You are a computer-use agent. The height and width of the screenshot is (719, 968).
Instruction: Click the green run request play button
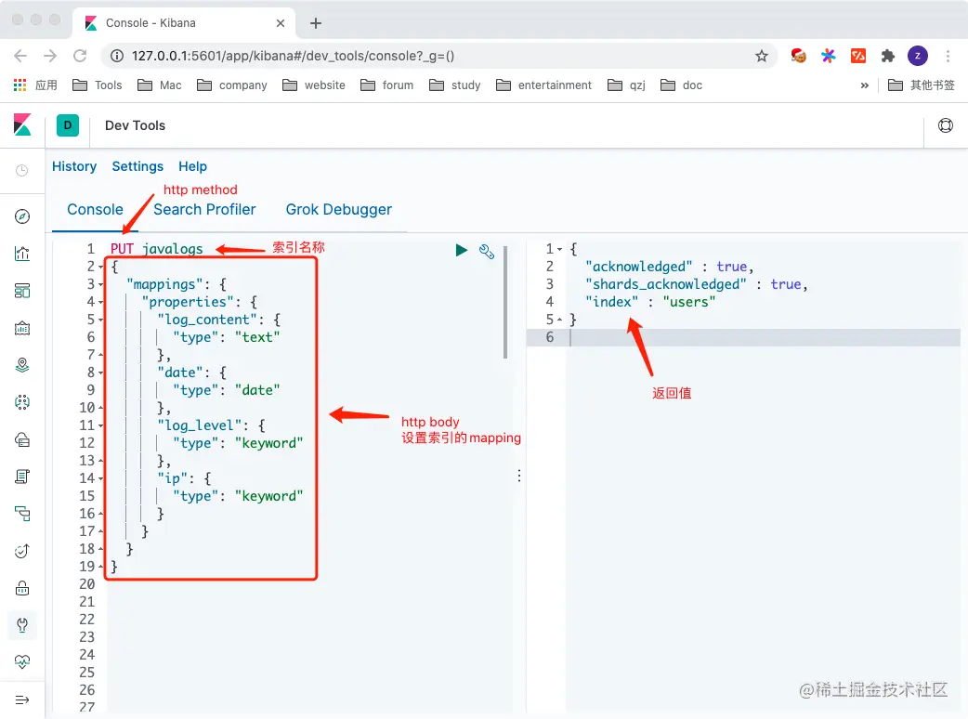(x=461, y=250)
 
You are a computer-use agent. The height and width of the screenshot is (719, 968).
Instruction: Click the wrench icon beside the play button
(x=486, y=251)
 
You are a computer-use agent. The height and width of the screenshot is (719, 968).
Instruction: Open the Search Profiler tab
(x=204, y=209)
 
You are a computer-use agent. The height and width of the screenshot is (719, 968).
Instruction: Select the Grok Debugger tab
(x=339, y=209)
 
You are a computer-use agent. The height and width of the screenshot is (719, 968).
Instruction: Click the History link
(x=74, y=166)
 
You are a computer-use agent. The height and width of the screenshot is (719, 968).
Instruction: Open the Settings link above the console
(x=137, y=166)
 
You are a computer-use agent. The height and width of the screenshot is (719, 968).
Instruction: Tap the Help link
(x=192, y=166)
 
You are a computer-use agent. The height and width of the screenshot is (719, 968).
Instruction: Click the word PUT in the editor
(x=122, y=249)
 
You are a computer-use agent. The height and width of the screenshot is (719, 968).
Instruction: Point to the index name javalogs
(x=173, y=249)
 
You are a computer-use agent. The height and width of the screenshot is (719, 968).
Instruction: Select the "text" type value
(x=257, y=337)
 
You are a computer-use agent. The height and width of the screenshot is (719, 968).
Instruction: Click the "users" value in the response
(x=688, y=302)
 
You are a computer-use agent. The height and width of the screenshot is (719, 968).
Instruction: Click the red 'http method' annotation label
(x=201, y=190)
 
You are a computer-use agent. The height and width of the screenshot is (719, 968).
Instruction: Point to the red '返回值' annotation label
(x=672, y=393)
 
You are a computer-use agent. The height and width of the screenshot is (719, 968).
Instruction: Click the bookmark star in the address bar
(x=762, y=56)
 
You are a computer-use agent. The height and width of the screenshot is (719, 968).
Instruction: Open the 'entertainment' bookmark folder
(x=555, y=85)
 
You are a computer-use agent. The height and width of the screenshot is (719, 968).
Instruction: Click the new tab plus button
(x=316, y=22)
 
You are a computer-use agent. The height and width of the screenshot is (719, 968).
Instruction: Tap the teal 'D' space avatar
(x=68, y=125)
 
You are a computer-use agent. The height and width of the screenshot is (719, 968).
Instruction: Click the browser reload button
(x=80, y=56)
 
